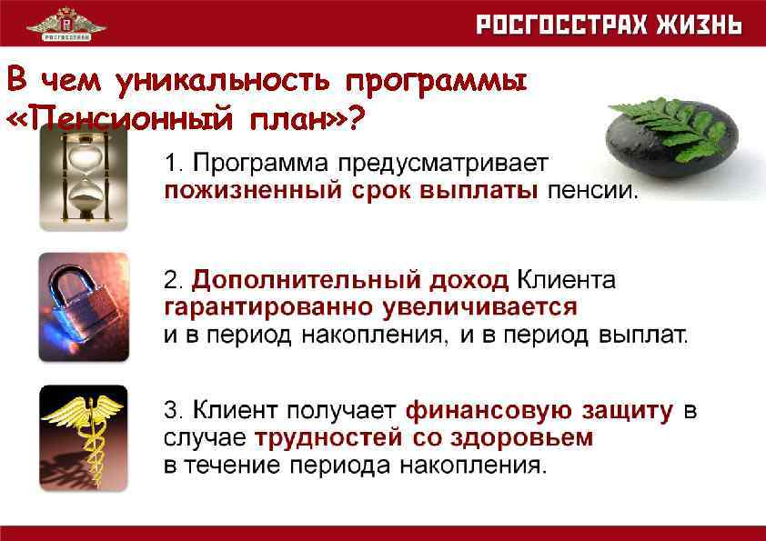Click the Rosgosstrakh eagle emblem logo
[66, 23]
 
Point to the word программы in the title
[435, 83]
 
